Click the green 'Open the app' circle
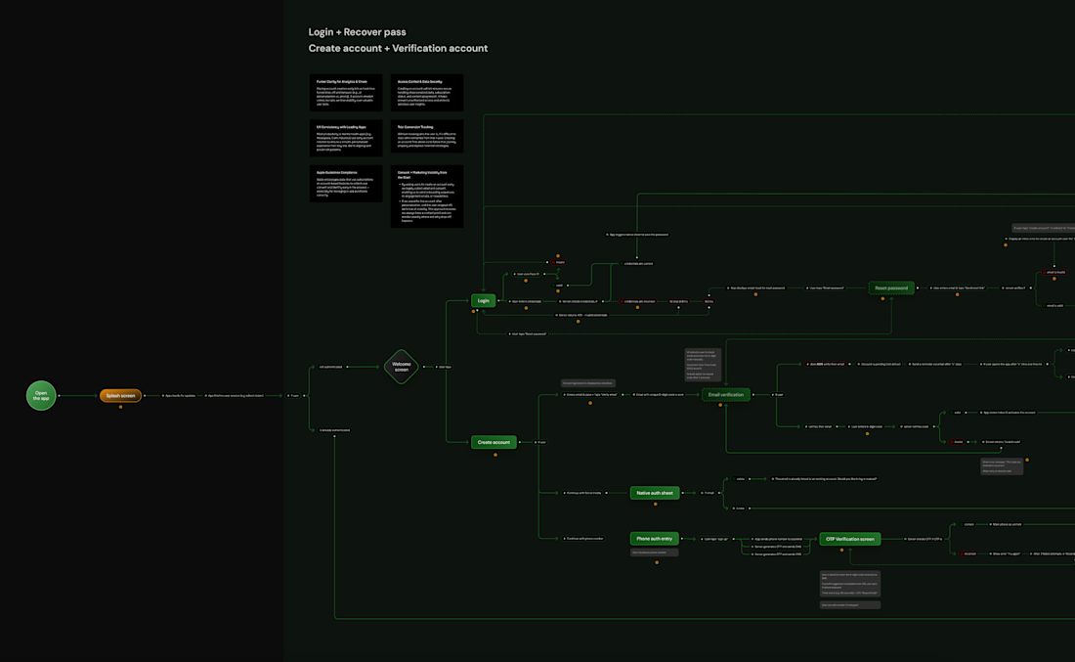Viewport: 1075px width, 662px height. [x=41, y=395]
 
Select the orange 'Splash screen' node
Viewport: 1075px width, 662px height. [x=120, y=395]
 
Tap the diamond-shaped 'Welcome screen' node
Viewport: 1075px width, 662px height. [x=402, y=368]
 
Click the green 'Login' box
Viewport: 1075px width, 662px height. [x=483, y=301]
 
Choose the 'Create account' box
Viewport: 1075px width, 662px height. [x=494, y=442]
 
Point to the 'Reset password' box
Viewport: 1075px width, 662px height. [x=891, y=287]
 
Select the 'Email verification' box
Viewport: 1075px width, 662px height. [x=725, y=394]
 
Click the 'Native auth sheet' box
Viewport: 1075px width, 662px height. [x=654, y=493]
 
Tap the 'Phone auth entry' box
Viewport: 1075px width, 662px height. [x=654, y=538]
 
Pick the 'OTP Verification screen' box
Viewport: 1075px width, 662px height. [x=850, y=538]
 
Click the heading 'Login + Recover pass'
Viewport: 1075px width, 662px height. [x=357, y=32]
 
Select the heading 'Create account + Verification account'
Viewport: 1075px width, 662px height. [x=398, y=48]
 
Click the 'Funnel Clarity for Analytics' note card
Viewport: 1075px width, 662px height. [x=346, y=92]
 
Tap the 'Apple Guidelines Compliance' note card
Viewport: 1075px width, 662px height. [x=346, y=184]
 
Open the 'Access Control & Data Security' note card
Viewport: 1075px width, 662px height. [x=427, y=92]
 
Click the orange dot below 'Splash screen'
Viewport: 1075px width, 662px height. [x=120, y=407]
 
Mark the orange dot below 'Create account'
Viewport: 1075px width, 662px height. [x=494, y=455]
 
